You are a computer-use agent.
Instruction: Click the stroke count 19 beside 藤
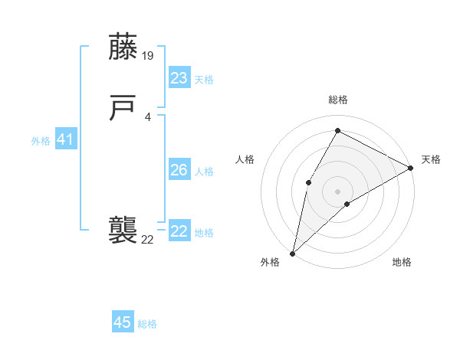click(x=149, y=55)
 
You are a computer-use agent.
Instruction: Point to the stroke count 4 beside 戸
click(x=147, y=116)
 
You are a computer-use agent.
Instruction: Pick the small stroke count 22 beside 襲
click(x=147, y=240)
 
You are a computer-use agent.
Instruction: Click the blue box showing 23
click(x=179, y=78)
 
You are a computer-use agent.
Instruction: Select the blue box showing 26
click(x=179, y=170)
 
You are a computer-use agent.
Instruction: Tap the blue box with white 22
click(x=179, y=231)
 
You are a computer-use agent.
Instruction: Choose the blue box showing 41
click(x=66, y=140)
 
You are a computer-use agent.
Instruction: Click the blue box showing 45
click(x=123, y=322)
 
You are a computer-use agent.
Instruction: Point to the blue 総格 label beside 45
click(x=147, y=324)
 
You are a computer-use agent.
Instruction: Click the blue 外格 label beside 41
click(x=41, y=141)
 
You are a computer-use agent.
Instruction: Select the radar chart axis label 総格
click(x=338, y=100)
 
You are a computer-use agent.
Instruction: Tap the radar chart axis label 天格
click(x=431, y=159)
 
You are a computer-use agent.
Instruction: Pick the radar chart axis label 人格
click(x=245, y=159)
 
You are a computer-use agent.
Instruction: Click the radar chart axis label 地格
click(x=402, y=262)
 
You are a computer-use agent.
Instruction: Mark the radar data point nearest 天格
click(x=411, y=168)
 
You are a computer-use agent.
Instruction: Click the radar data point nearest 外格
click(x=292, y=253)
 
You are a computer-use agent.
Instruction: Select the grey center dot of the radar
click(x=337, y=190)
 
